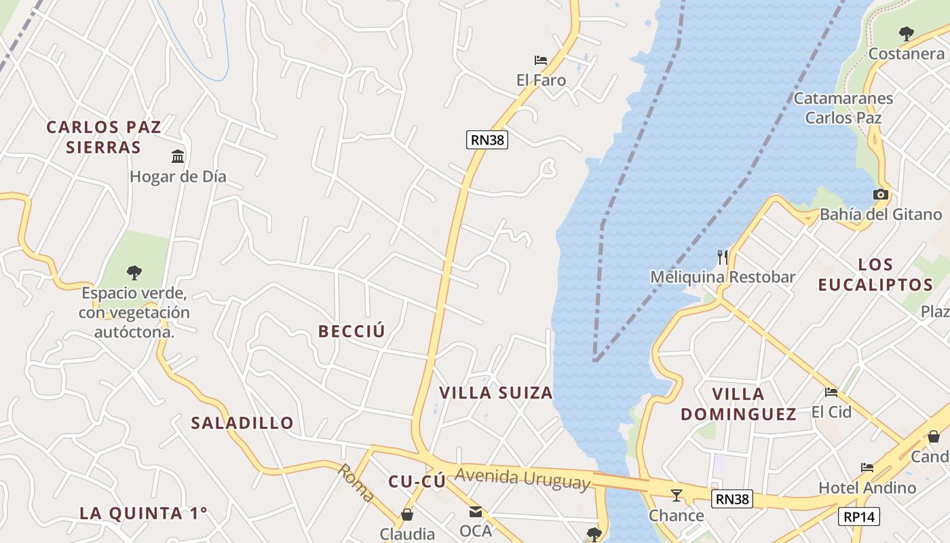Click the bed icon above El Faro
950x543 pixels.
pyautogui.click(x=541, y=60)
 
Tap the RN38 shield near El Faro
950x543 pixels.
pyautogui.click(x=487, y=140)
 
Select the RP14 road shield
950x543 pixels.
pyautogui.click(x=859, y=517)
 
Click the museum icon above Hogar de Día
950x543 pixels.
pyautogui.click(x=178, y=157)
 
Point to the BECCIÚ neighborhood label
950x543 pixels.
pyautogui.click(x=351, y=331)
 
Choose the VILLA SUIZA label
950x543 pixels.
pyautogui.click(x=496, y=393)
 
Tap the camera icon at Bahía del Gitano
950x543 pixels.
pyautogui.click(x=881, y=195)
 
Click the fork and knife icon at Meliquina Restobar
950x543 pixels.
pyautogui.click(x=723, y=257)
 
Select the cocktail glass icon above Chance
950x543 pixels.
pyautogui.click(x=676, y=495)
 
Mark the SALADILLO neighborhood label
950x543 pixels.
pyautogui.click(x=242, y=423)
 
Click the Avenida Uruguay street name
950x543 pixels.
pyautogui.click(x=522, y=479)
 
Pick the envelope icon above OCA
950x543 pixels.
pyautogui.click(x=476, y=511)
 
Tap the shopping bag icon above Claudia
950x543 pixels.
pyautogui.click(x=407, y=514)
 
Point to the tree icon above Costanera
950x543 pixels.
pyautogui.click(x=906, y=33)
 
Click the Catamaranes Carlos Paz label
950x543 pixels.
pyautogui.click(x=843, y=108)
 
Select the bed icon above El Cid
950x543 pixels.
pyautogui.click(x=831, y=392)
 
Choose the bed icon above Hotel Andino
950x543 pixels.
pyautogui.click(x=867, y=468)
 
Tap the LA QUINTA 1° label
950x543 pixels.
pyautogui.click(x=143, y=513)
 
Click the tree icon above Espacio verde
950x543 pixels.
pyautogui.click(x=134, y=273)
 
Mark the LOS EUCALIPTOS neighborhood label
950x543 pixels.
pyautogui.click(x=875, y=274)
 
